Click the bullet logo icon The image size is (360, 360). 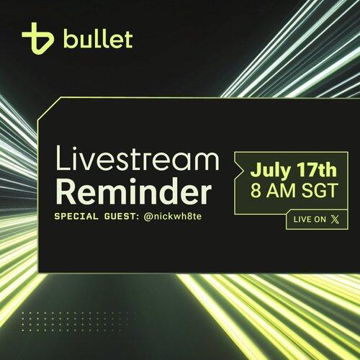[37, 38]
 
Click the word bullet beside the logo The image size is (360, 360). [98, 38]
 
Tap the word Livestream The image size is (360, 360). [138, 158]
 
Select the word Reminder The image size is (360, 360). [134, 191]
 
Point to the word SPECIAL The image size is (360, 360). [76, 217]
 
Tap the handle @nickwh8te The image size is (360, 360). [173, 217]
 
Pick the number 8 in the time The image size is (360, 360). [256, 191]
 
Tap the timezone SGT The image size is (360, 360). [320, 191]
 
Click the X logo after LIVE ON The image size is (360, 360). [335, 220]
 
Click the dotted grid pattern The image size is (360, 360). [75, 322]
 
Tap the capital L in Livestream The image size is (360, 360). [63, 158]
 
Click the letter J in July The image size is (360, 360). [255, 170]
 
